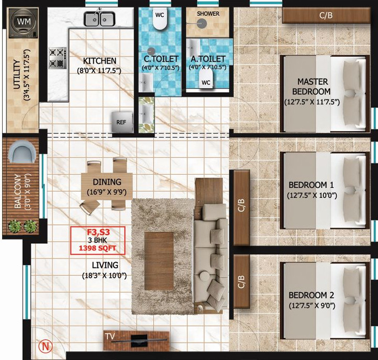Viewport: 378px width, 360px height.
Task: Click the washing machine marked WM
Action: point(23,23)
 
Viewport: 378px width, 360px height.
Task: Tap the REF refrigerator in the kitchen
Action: point(122,123)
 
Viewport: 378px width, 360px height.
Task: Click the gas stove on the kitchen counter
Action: point(57,58)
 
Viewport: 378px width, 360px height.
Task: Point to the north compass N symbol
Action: point(45,347)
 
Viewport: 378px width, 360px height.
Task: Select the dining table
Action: point(106,184)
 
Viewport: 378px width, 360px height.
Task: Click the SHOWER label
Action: point(208,13)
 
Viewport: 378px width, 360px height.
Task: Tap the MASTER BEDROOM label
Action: point(312,86)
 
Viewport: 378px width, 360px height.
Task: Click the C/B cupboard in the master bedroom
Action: point(326,16)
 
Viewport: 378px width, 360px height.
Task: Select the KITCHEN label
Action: point(100,61)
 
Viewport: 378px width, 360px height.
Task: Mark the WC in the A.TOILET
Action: point(206,82)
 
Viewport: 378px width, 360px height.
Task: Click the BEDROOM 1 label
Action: point(312,185)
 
